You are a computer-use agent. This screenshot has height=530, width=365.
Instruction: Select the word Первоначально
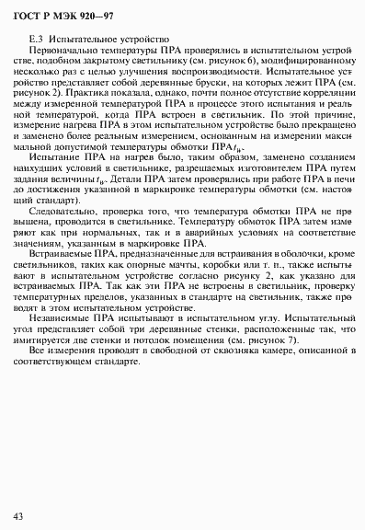click(x=60, y=51)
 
